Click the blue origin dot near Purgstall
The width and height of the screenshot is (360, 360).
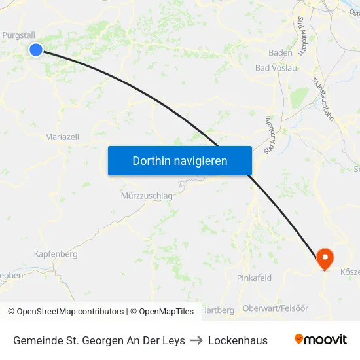coord(36,49)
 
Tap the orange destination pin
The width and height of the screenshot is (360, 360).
coord(325,257)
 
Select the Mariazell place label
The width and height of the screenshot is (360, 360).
coord(62,137)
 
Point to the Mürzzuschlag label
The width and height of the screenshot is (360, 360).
coord(147,196)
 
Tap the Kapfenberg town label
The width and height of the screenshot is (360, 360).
coord(56,254)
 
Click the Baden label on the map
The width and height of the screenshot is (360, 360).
coord(281,53)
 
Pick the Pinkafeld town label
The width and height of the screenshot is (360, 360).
coord(254,278)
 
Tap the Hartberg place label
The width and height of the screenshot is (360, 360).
coord(218,310)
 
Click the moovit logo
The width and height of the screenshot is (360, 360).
coord(320,340)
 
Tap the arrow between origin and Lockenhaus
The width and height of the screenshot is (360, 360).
coord(196,340)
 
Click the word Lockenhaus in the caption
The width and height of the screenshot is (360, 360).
coord(238,340)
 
